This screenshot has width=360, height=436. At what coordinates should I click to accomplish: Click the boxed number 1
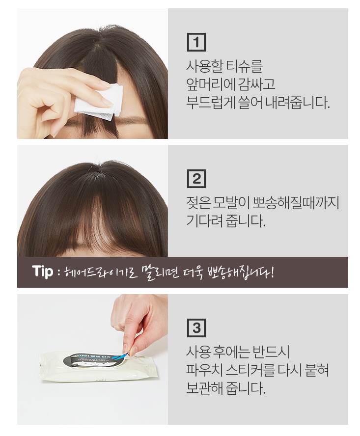pyautogui.click(x=196, y=42)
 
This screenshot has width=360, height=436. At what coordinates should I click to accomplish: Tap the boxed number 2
pyautogui.click(x=196, y=179)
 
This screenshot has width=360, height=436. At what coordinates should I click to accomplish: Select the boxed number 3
pyautogui.click(x=196, y=327)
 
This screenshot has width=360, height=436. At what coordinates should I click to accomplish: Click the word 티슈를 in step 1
pyautogui.click(x=244, y=66)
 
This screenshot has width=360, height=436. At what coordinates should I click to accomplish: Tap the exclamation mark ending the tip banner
pyautogui.click(x=272, y=272)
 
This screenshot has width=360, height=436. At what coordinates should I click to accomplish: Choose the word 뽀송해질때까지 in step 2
pyautogui.click(x=296, y=203)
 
